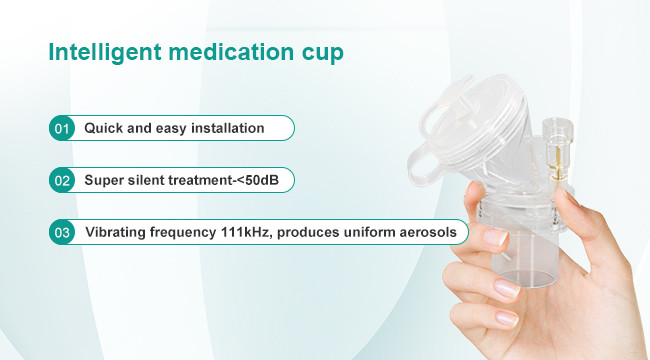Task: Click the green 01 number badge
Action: pos(62,128)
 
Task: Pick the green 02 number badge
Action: pos(62,180)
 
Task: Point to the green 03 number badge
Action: pos(62,232)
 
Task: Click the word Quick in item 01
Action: pos(103,128)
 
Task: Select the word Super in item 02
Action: pos(105,180)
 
